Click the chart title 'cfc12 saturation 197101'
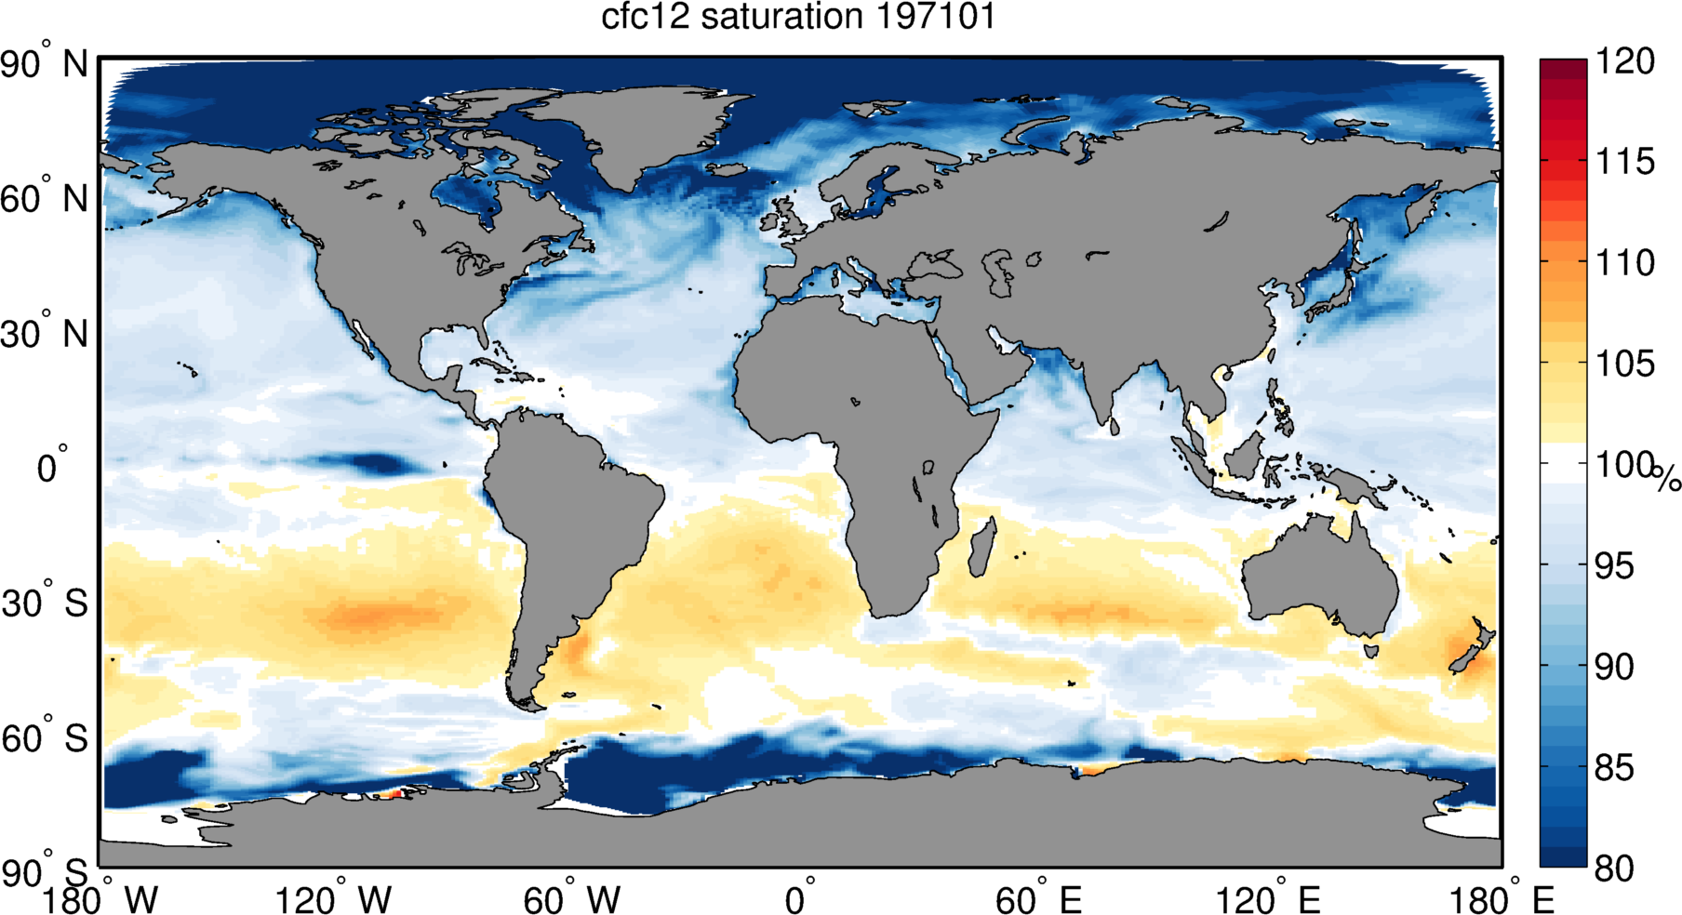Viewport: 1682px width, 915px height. coord(798,17)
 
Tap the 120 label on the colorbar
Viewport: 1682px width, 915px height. coord(1624,61)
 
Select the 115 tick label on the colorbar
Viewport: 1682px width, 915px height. coord(1624,162)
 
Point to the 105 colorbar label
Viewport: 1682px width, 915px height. coord(1624,364)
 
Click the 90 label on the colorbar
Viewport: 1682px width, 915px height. coord(1614,667)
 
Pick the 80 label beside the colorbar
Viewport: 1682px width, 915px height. coord(1614,869)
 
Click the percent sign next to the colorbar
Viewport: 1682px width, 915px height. coord(1667,478)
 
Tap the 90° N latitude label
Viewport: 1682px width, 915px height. coord(44,65)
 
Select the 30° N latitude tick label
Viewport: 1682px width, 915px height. coord(44,335)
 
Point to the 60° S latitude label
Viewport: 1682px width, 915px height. coord(44,739)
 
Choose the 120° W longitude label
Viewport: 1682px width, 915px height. coord(334,899)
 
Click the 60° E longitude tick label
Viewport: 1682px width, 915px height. coord(1038,899)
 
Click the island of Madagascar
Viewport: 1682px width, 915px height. coord(981,549)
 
